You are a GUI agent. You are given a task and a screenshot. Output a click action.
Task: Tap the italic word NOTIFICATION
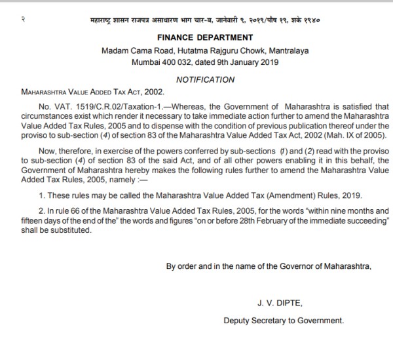205,79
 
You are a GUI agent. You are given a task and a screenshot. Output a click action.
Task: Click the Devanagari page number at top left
22,20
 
